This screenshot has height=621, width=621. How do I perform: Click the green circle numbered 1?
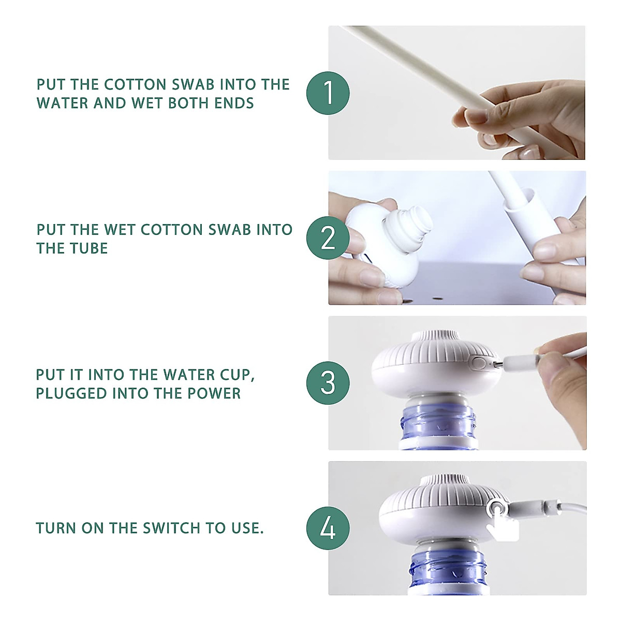click(328, 93)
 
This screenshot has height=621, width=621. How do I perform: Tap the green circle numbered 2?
click(328, 238)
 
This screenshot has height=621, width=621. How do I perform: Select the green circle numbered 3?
click(328, 383)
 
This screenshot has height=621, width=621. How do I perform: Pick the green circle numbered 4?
click(328, 528)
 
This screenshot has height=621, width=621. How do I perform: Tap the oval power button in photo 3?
click(479, 363)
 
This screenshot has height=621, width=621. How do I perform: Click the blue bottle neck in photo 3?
click(438, 425)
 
